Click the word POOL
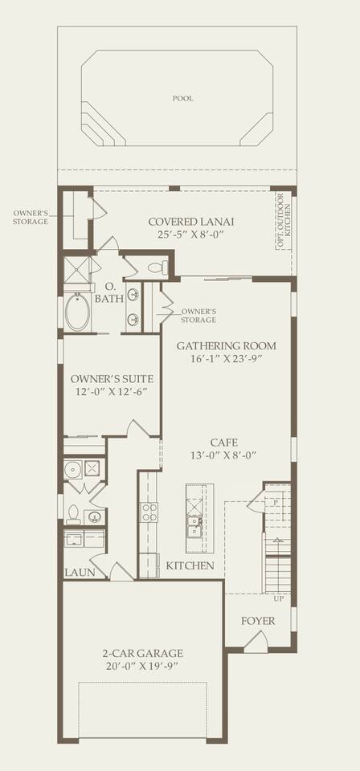[182, 98]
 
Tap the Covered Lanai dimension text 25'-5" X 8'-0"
[191, 234]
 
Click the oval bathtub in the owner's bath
[77, 312]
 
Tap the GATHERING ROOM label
[226, 346]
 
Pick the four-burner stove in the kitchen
[149, 512]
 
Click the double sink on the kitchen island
[194, 525]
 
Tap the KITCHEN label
[190, 566]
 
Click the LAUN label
[80, 573]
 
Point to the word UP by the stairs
[278, 599]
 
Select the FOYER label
[258, 621]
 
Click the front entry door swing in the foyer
[256, 641]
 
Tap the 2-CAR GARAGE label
[142, 654]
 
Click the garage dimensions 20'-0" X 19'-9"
[142, 666]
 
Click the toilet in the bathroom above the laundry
[74, 514]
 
